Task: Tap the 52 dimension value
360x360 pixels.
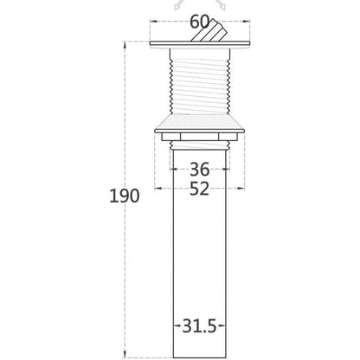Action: (200, 190)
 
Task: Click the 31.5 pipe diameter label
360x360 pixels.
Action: (200, 327)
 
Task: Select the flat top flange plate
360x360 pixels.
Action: (200, 44)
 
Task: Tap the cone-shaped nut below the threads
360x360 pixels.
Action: (200, 121)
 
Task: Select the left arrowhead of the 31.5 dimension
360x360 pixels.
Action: (177, 328)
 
